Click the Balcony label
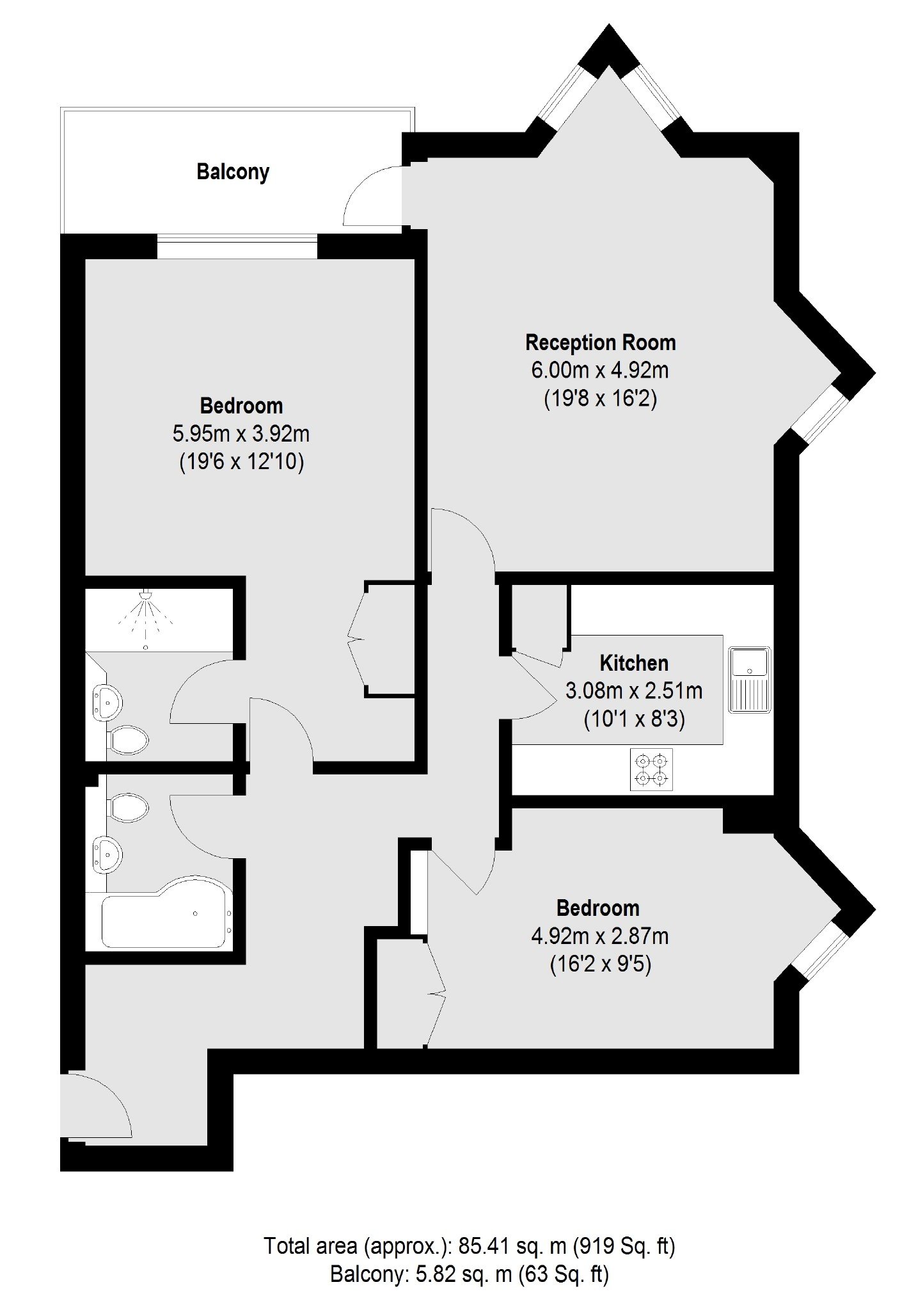[x=233, y=172]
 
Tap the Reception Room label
[x=600, y=342]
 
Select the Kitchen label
[x=634, y=663]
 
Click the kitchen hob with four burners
[x=651, y=769]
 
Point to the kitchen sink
[x=750, y=680]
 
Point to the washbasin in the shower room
[x=107, y=703]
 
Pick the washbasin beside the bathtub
[x=107, y=854]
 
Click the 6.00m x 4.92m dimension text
[x=600, y=371]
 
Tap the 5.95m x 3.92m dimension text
[x=241, y=434]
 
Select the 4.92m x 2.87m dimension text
[x=600, y=936]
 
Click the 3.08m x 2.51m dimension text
[x=634, y=691]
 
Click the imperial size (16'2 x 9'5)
[x=600, y=964]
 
